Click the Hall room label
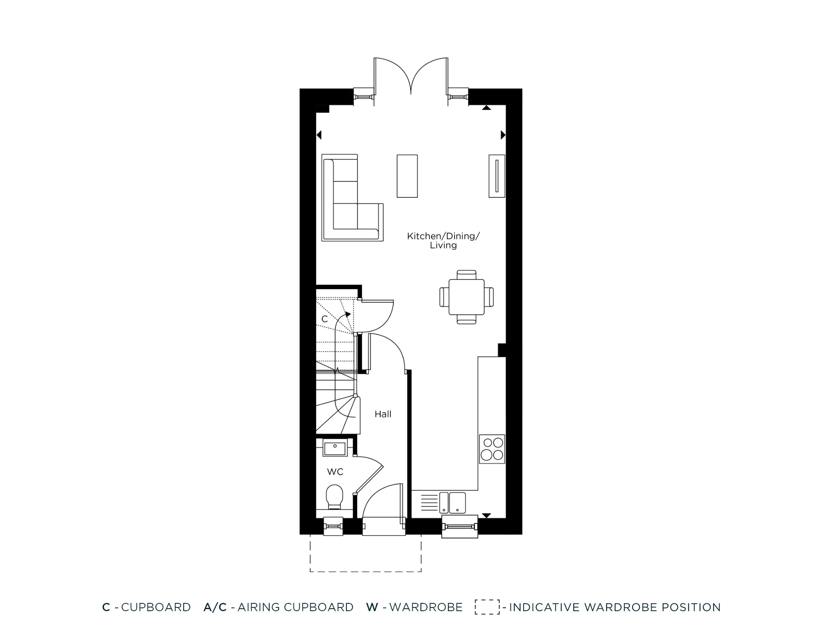coord(383,414)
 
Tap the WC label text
coord(335,472)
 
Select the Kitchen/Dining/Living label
coord(443,241)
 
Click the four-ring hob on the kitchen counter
coord(492,449)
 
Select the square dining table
coord(466,297)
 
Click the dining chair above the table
coord(466,274)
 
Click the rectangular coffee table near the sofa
coord(407,176)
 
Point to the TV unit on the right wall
coord(496,176)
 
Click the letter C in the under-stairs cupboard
coord(324,319)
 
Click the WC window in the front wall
coord(333,526)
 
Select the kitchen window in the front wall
coord(459,526)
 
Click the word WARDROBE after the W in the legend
coord(426,607)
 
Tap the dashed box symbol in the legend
coord(487,607)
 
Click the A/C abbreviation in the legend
coord(215,607)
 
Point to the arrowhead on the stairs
coord(348,315)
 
